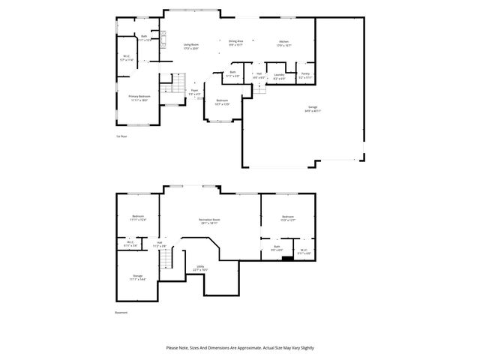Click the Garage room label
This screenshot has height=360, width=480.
pos(313,109)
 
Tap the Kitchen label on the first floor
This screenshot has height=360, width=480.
pos(284,43)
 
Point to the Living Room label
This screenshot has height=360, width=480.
pos(191,46)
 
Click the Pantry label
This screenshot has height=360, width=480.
pos(305,75)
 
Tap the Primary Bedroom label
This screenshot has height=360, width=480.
pos(139,97)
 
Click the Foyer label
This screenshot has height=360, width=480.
pos(194,91)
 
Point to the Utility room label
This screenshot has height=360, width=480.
pos(201,268)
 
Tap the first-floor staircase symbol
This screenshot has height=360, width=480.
pos(178,84)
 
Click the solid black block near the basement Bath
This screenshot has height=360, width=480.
pos(287,259)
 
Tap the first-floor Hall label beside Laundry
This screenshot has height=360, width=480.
pos(259,75)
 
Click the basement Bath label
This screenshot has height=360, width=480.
pos(277,248)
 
